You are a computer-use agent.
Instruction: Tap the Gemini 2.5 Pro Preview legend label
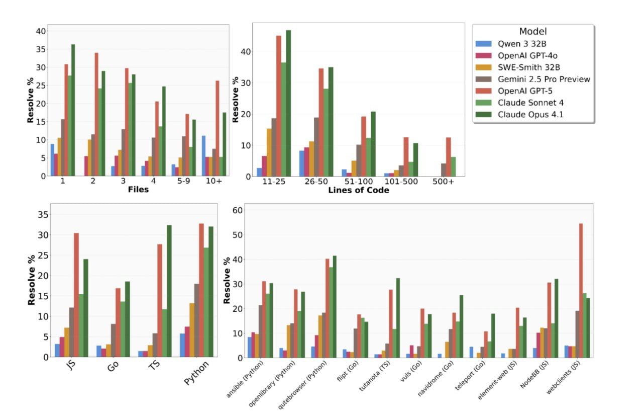click(544, 79)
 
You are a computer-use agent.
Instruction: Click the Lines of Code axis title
click(358, 191)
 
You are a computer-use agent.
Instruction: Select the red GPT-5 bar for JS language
click(76, 295)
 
